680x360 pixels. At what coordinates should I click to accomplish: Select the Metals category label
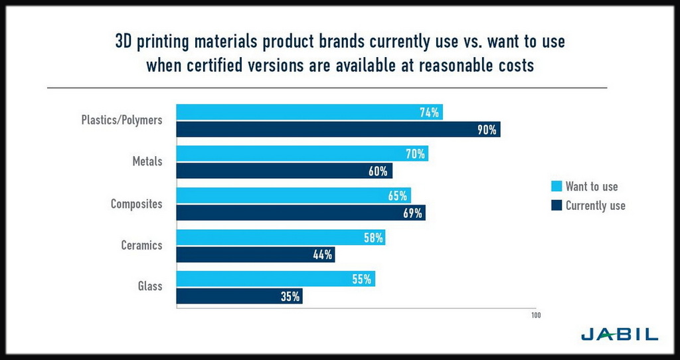[x=147, y=161]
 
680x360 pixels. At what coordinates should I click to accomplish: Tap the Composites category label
[x=136, y=204]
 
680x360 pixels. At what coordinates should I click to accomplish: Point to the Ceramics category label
[x=141, y=245]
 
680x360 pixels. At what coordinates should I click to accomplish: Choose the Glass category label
[x=149, y=287]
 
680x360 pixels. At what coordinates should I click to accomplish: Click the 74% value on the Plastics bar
[x=429, y=112]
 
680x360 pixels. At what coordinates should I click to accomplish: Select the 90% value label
[x=487, y=130]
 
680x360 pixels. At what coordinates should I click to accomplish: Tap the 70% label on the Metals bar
[x=415, y=154]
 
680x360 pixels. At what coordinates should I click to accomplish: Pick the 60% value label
[x=378, y=171]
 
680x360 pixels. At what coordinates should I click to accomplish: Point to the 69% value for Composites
[x=412, y=213]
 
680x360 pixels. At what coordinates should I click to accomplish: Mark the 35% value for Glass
[x=290, y=296]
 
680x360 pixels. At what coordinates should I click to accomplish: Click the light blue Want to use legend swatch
[x=556, y=186]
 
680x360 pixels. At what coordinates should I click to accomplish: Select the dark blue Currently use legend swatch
[x=556, y=205]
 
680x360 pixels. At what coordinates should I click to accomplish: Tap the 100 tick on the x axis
[x=535, y=315]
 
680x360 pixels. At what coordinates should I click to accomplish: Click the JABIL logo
[x=619, y=334]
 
